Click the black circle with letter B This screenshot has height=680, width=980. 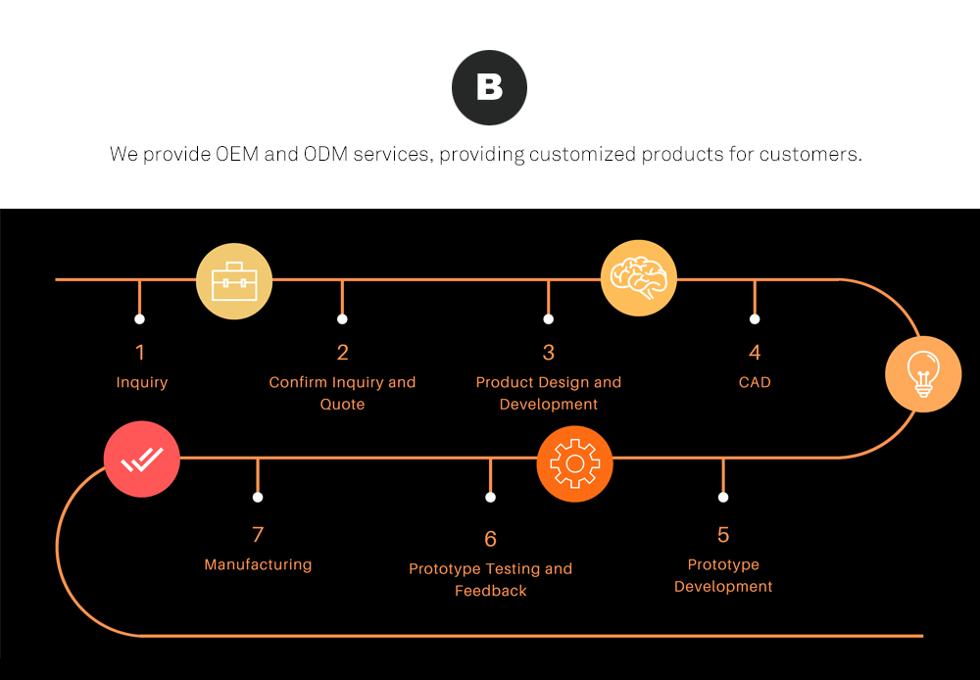(489, 87)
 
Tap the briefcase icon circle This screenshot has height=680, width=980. (234, 281)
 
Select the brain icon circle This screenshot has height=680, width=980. (639, 278)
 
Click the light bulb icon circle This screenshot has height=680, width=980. (923, 374)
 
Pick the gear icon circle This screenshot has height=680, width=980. (574, 463)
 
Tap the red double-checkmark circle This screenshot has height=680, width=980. (142, 460)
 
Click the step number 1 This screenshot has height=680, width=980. (140, 353)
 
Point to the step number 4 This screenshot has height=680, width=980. (755, 353)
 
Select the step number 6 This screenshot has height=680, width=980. (491, 539)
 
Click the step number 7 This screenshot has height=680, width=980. (258, 534)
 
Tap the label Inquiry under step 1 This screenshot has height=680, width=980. (142, 382)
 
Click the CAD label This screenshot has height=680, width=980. (755, 382)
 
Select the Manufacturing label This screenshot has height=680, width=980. (258, 564)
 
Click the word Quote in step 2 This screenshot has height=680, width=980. (342, 404)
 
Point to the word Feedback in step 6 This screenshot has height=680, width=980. (491, 591)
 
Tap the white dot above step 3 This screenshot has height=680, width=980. (548, 319)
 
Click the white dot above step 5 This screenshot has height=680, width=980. (723, 498)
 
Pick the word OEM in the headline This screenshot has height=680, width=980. (237, 154)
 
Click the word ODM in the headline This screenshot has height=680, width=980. (325, 154)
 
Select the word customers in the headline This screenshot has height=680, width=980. (810, 154)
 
